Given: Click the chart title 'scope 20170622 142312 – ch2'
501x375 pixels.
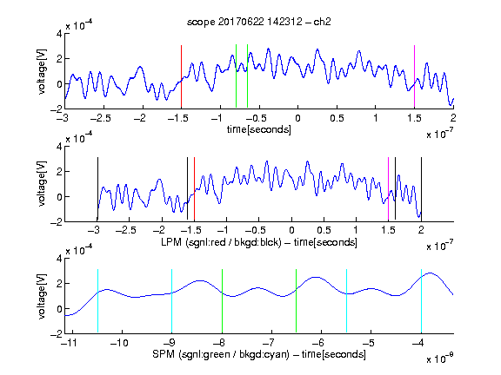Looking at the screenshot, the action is (259, 22).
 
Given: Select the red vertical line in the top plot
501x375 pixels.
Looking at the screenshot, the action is (181, 76).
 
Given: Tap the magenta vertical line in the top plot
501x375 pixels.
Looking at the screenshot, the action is (414, 76).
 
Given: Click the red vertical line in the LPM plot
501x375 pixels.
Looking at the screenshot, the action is (194, 188).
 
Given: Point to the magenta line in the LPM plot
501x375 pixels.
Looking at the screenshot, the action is (388, 188).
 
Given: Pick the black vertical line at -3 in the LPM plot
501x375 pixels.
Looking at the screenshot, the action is (97, 188).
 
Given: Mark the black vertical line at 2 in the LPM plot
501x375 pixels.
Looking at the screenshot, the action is (421, 188).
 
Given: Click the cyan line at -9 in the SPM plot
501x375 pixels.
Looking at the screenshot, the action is (171, 301).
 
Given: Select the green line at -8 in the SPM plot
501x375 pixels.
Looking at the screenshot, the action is (222, 301).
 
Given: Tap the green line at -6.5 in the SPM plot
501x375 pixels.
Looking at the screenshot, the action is (297, 301).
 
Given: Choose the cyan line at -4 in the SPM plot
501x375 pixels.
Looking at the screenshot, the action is (421, 301).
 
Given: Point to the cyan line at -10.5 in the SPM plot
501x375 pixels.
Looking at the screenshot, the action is (97, 301).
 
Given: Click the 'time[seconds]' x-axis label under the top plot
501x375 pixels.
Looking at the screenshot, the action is (259, 129).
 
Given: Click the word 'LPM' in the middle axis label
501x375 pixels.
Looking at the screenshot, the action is (171, 242).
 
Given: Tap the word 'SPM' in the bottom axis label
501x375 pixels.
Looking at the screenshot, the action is (164, 354).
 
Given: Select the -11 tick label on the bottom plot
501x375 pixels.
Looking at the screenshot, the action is (69, 343).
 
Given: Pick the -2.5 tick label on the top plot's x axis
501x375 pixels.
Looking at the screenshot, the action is (100, 118).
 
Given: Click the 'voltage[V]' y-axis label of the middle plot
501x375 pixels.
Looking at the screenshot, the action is (42, 184).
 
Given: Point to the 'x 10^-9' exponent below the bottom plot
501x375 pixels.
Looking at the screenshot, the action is (439, 359).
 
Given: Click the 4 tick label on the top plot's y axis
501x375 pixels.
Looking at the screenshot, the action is (59, 34).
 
